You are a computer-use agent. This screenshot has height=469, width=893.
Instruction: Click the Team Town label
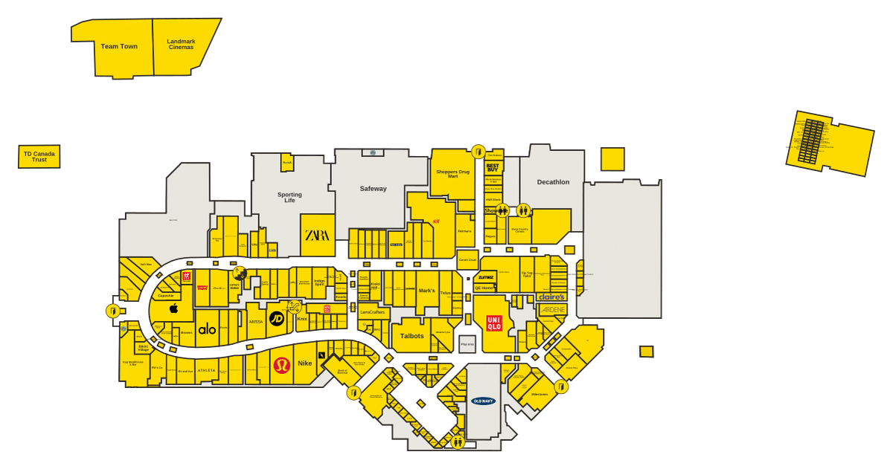[119, 47]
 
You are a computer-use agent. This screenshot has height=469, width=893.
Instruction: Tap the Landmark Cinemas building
[181, 45]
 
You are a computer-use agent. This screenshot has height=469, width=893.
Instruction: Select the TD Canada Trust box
[39, 157]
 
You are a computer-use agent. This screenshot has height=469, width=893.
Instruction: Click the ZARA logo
[317, 236]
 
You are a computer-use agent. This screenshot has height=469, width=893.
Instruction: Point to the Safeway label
[373, 189]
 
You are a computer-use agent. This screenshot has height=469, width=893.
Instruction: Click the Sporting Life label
[289, 198]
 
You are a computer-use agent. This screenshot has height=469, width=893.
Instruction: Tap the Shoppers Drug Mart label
[452, 174]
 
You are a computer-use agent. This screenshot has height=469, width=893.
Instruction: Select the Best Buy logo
[492, 168]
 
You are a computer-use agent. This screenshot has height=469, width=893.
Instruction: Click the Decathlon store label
[553, 182]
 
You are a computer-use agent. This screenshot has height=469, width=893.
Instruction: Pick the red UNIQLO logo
[494, 323]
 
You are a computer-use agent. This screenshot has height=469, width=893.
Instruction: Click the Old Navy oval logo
[483, 401]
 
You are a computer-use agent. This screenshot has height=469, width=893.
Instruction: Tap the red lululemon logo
[281, 365]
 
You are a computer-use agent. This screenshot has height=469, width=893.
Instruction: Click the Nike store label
[305, 363]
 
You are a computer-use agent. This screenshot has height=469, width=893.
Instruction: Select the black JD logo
[276, 319]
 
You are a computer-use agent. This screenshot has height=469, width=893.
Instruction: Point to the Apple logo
[173, 308]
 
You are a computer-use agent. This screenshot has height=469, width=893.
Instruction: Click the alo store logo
[207, 330]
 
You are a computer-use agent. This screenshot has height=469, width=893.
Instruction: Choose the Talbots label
[412, 336]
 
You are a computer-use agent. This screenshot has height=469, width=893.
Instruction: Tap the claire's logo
[551, 297]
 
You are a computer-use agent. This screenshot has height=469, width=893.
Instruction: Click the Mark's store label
[426, 291]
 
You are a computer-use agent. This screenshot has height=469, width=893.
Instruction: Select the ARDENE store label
[552, 309]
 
